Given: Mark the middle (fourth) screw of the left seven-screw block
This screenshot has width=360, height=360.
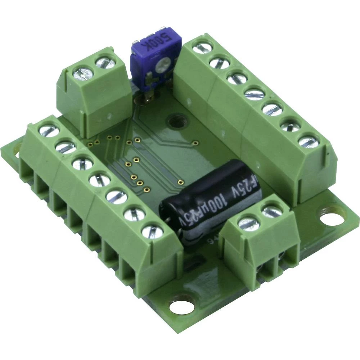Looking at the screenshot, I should (99, 179).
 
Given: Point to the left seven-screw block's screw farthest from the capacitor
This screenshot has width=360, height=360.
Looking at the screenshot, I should (49, 130).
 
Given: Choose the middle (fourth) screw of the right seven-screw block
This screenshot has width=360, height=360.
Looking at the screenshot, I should (254, 93).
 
